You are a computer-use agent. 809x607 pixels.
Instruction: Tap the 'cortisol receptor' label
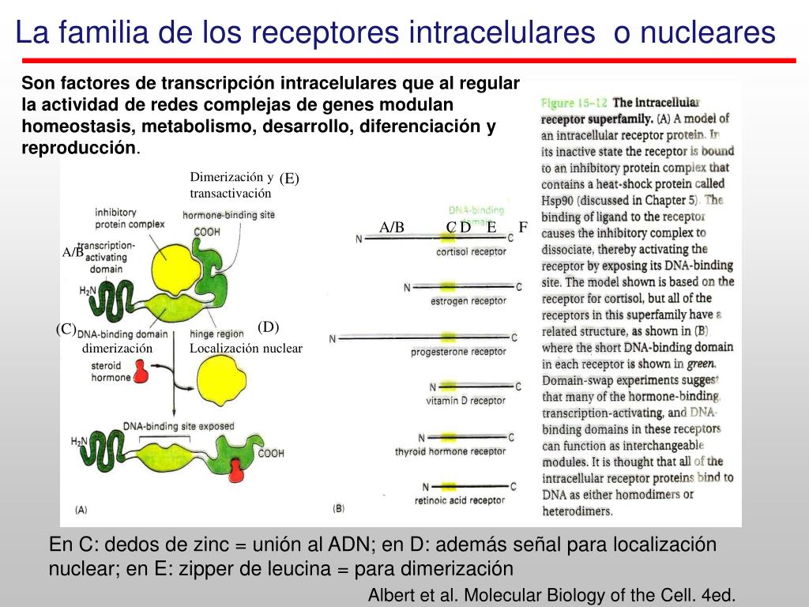pos(471,252)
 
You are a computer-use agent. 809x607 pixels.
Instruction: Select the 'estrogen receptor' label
pos(468,301)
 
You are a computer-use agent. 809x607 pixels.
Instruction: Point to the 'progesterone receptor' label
pos(458,352)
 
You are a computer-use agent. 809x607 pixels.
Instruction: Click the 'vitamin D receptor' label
pos(466,401)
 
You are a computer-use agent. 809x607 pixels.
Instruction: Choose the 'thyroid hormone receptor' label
pos(450,451)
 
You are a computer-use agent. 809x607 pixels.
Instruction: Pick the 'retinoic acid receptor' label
pos(459,500)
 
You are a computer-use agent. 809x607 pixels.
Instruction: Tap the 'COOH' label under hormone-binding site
pos(207,232)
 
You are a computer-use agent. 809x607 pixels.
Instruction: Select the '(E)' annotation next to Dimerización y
pos(289,179)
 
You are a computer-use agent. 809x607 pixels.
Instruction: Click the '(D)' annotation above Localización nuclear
pos(269,327)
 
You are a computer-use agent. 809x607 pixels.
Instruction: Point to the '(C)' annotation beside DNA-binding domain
pos(66,329)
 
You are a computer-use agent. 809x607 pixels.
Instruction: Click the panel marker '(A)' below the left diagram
pos(81,511)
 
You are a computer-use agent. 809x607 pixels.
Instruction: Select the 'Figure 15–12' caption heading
pos(574,103)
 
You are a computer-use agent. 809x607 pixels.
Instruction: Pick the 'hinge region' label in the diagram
pos(217,334)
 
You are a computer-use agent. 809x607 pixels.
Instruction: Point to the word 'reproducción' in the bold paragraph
pos(79,148)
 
